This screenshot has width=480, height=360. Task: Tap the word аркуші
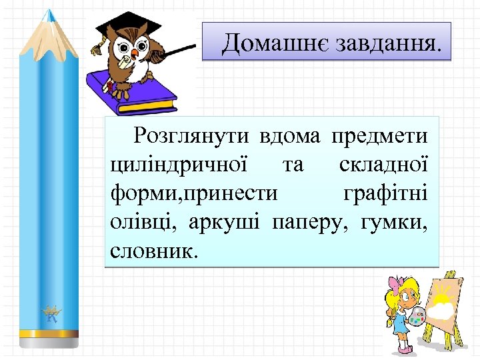click(227, 223)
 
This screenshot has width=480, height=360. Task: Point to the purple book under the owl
click(133, 93)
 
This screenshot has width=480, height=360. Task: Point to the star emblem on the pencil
click(51, 313)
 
